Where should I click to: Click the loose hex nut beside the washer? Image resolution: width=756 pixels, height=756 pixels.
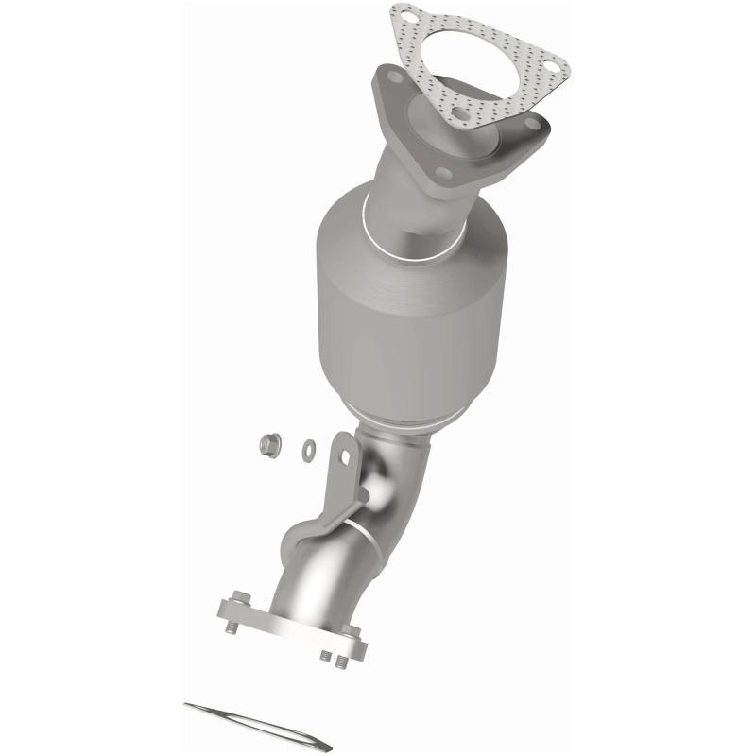tap(266, 442)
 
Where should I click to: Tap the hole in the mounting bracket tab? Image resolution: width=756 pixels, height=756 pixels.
tap(345, 457)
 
